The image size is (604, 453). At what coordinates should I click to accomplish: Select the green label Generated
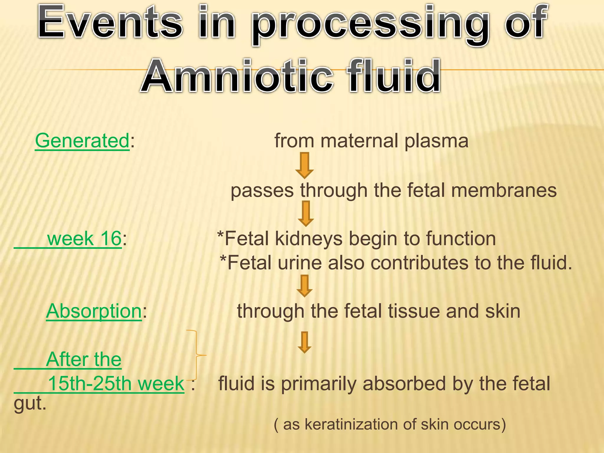pyautogui.click(x=82, y=141)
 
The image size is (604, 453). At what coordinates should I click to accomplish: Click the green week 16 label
pyautogui.click(x=84, y=238)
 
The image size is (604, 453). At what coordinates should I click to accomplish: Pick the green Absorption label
pyautogui.click(x=94, y=311)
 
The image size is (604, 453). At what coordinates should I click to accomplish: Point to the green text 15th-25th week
pyautogui.click(x=116, y=383)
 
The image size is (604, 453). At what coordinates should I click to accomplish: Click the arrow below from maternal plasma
pyautogui.click(x=304, y=165)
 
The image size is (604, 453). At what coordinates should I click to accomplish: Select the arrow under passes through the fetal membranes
pyautogui.click(x=306, y=214)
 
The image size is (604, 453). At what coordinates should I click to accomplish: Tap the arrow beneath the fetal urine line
pyautogui.click(x=304, y=286)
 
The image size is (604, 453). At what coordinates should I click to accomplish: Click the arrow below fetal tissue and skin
pyautogui.click(x=304, y=342)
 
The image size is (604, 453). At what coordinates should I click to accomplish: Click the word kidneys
pyautogui.click(x=309, y=239)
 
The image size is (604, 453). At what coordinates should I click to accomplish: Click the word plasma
pyautogui.click(x=436, y=141)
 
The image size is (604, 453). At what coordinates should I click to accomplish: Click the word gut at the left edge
pyautogui.click(x=29, y=404)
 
